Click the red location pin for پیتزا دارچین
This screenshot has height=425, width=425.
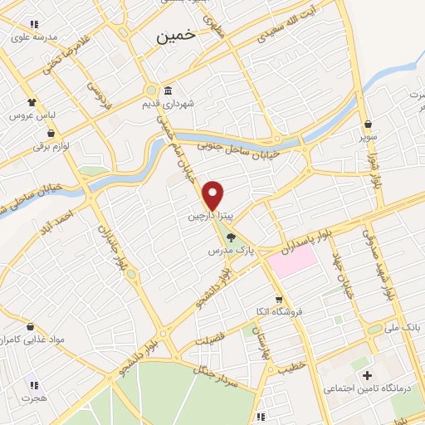click(213, 195)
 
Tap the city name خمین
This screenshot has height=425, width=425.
click(177, 36)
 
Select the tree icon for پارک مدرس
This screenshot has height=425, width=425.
click(231, 237)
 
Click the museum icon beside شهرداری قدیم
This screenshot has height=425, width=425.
click(169, 90)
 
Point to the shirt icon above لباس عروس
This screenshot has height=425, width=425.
click(32, 102)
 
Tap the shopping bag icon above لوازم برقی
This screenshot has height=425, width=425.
click(52, 133)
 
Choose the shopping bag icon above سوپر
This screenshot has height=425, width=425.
click(368, 124)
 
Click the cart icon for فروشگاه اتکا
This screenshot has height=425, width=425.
click(280, 300)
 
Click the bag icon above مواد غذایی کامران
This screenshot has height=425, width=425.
click(31, 327)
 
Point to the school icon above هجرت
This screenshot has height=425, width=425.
click(34, 384)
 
